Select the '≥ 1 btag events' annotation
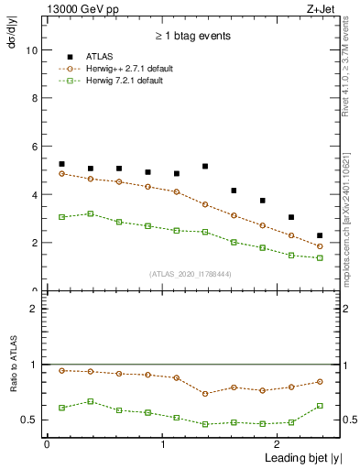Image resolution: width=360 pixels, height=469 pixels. (x=191, y=36)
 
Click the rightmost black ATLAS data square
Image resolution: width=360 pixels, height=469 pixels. (x=320, y=235)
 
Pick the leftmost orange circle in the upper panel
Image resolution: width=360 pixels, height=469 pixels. (x=61, y=173)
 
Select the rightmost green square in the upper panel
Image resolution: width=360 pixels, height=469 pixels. (x=320, y=258)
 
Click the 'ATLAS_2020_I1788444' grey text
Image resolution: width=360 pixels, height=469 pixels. (x=191, y=274)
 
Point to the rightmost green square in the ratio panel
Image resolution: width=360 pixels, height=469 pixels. (x=320, y=406)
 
